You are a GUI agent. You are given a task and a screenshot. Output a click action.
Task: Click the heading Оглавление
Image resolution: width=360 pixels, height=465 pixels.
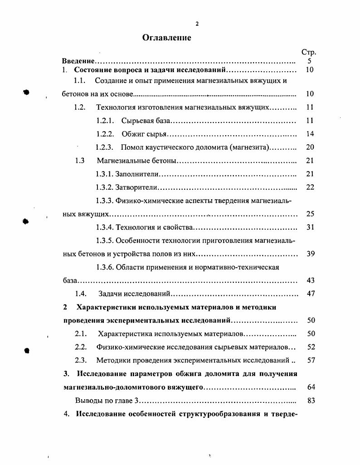[x=166, y=38]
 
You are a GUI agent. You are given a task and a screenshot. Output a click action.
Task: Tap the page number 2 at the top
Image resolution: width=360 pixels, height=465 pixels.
[x=197, y=24]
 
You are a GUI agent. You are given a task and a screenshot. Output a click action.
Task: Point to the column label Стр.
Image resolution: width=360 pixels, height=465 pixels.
[x=309, y=53]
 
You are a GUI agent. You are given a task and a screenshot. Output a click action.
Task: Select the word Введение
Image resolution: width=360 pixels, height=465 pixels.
[x=78, y=61]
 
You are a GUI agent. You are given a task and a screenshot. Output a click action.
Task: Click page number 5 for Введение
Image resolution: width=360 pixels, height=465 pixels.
[x=309, y=61]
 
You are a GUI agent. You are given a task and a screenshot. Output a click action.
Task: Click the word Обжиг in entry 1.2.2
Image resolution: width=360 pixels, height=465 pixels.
[x=132, y=134]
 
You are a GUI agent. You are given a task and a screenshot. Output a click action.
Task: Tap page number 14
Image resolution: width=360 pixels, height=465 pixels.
[x=310, y=134]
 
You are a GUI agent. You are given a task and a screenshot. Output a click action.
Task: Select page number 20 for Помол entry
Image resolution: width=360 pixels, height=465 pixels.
[x=310, y=147]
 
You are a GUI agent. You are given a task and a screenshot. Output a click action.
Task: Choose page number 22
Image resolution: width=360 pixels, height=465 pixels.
[x=310, y=187]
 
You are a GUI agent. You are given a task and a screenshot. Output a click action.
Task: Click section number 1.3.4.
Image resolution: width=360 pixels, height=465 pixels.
[x=104, y=227]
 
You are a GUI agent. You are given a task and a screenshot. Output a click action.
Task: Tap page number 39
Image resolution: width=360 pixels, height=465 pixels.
[x=310, y=254]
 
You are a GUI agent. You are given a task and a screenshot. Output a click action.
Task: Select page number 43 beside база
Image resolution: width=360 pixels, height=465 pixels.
[x=310, y=280]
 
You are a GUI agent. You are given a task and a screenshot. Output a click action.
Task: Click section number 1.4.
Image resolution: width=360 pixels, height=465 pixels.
[x=81, y=294]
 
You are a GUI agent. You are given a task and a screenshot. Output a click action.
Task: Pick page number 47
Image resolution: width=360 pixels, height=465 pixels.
[x=310, y=294]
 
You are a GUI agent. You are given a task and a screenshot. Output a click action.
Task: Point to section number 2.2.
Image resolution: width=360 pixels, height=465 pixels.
[x=80, y=347]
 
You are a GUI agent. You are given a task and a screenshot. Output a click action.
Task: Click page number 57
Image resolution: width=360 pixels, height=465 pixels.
[x=310, y=361]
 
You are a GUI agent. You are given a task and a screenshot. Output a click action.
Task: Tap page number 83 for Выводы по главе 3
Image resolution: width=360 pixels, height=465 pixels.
[x=310, y=401]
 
